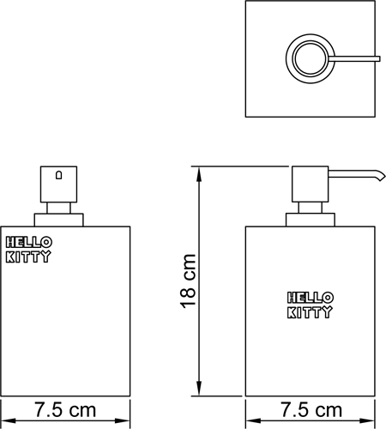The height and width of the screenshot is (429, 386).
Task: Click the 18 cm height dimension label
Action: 188,281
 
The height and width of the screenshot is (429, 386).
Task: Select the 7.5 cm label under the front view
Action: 65,410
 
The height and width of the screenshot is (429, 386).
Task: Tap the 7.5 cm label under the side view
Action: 311,410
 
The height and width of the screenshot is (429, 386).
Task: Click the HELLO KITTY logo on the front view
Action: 28,250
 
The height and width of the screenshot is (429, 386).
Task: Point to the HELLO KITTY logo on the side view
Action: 310,305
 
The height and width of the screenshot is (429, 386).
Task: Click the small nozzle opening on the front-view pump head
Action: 58,175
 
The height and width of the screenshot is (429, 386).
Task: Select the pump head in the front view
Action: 58,184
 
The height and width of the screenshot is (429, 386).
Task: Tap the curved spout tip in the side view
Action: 382,177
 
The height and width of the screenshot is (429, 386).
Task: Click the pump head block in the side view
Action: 310,184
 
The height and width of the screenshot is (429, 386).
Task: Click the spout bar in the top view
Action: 354,58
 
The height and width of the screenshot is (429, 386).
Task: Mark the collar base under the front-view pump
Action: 59,220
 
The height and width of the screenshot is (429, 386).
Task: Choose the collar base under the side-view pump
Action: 311,220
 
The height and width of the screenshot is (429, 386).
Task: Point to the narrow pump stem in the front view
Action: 58,208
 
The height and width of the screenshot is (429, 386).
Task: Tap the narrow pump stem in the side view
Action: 311,208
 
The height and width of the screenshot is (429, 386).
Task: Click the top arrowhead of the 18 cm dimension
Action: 199,174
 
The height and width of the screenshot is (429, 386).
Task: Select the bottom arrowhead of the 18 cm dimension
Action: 199,389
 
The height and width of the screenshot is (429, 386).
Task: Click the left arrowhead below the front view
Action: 8,421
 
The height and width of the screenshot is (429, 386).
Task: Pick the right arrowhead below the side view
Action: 367,421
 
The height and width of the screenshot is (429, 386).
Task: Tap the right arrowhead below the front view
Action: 123,421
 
